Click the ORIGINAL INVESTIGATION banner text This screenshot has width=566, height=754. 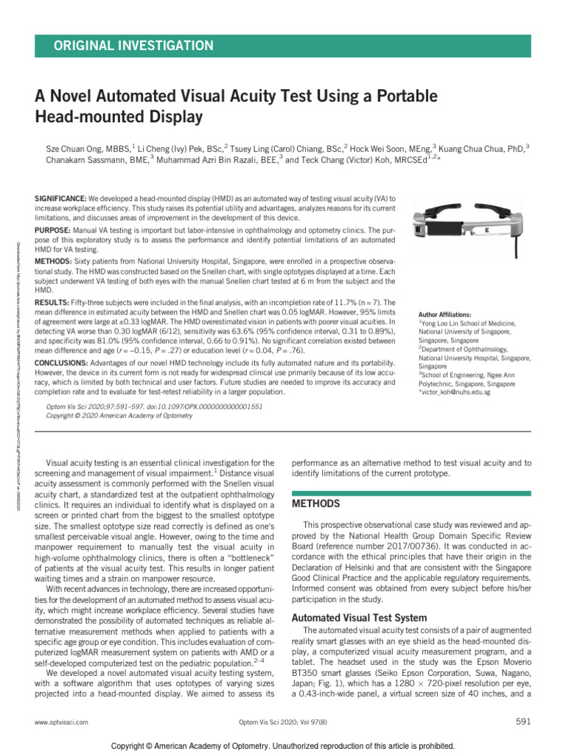point(133,46)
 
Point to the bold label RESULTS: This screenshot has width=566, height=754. point(52,303)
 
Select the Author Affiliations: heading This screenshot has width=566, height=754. point(444,314)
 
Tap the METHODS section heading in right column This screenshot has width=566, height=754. point(316,504)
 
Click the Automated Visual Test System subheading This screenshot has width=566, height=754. point(360,618)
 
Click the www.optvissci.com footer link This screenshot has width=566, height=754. point(61,724)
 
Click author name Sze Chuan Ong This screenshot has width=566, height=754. point(73,147)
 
